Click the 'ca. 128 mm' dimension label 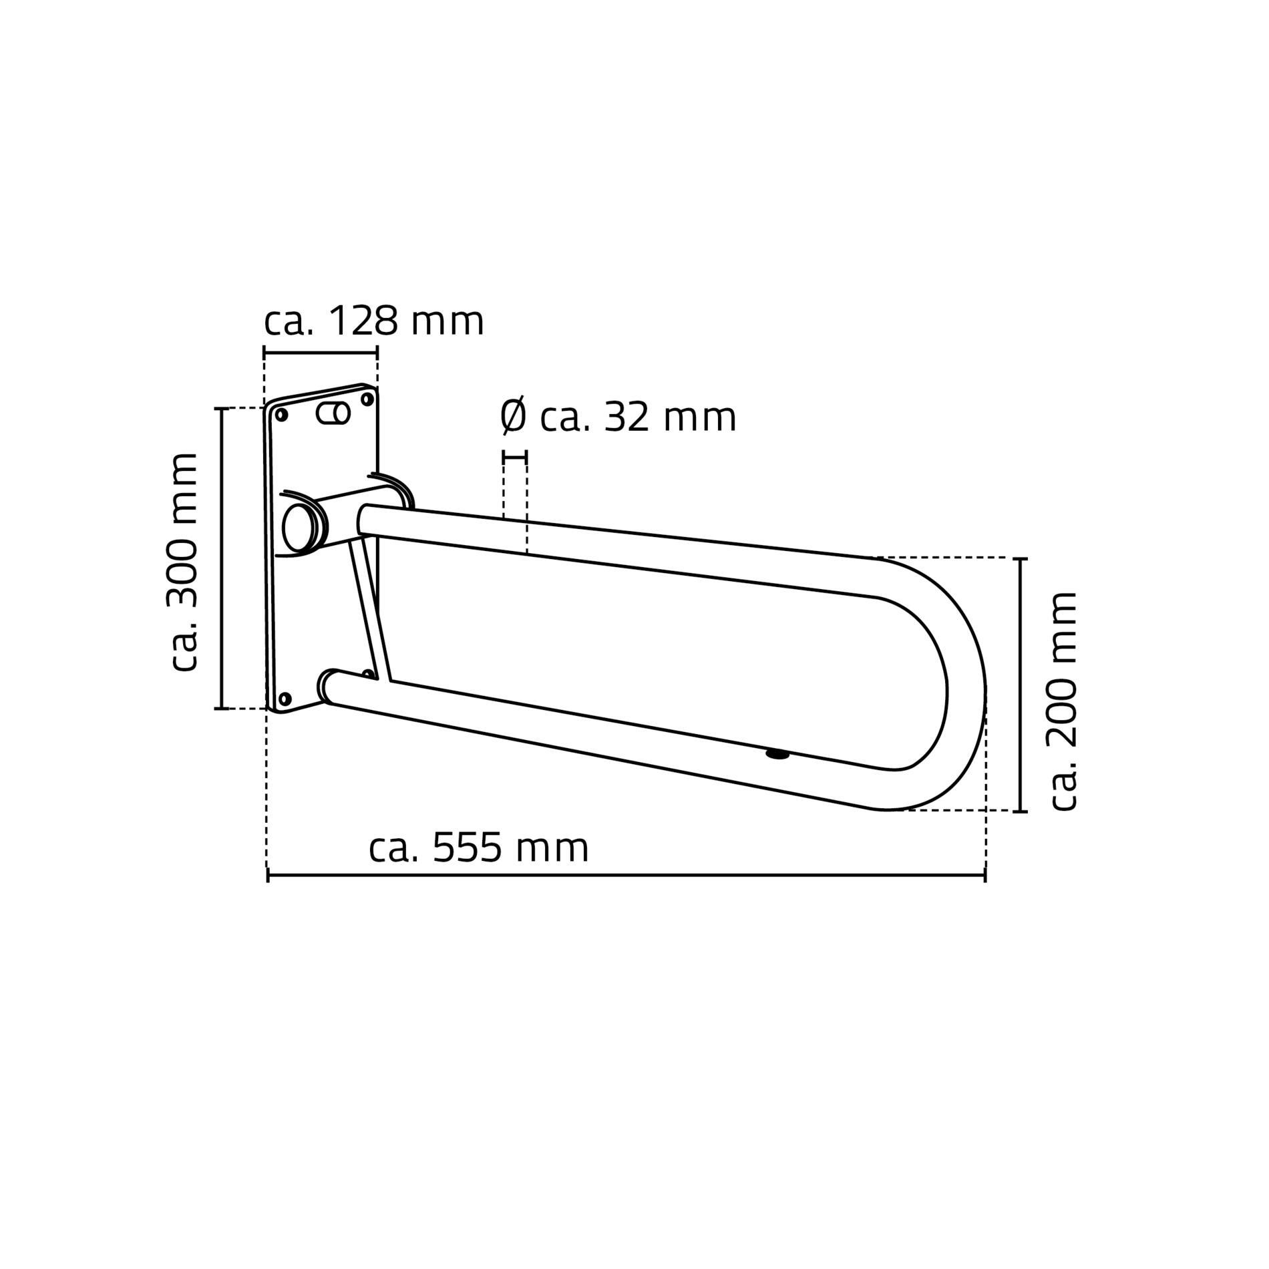coord(374,322)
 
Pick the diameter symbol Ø coord(514,417)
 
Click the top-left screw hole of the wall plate coord(281,415)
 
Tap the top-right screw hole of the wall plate coord(367,399)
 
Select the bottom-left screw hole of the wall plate coord(285,699)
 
